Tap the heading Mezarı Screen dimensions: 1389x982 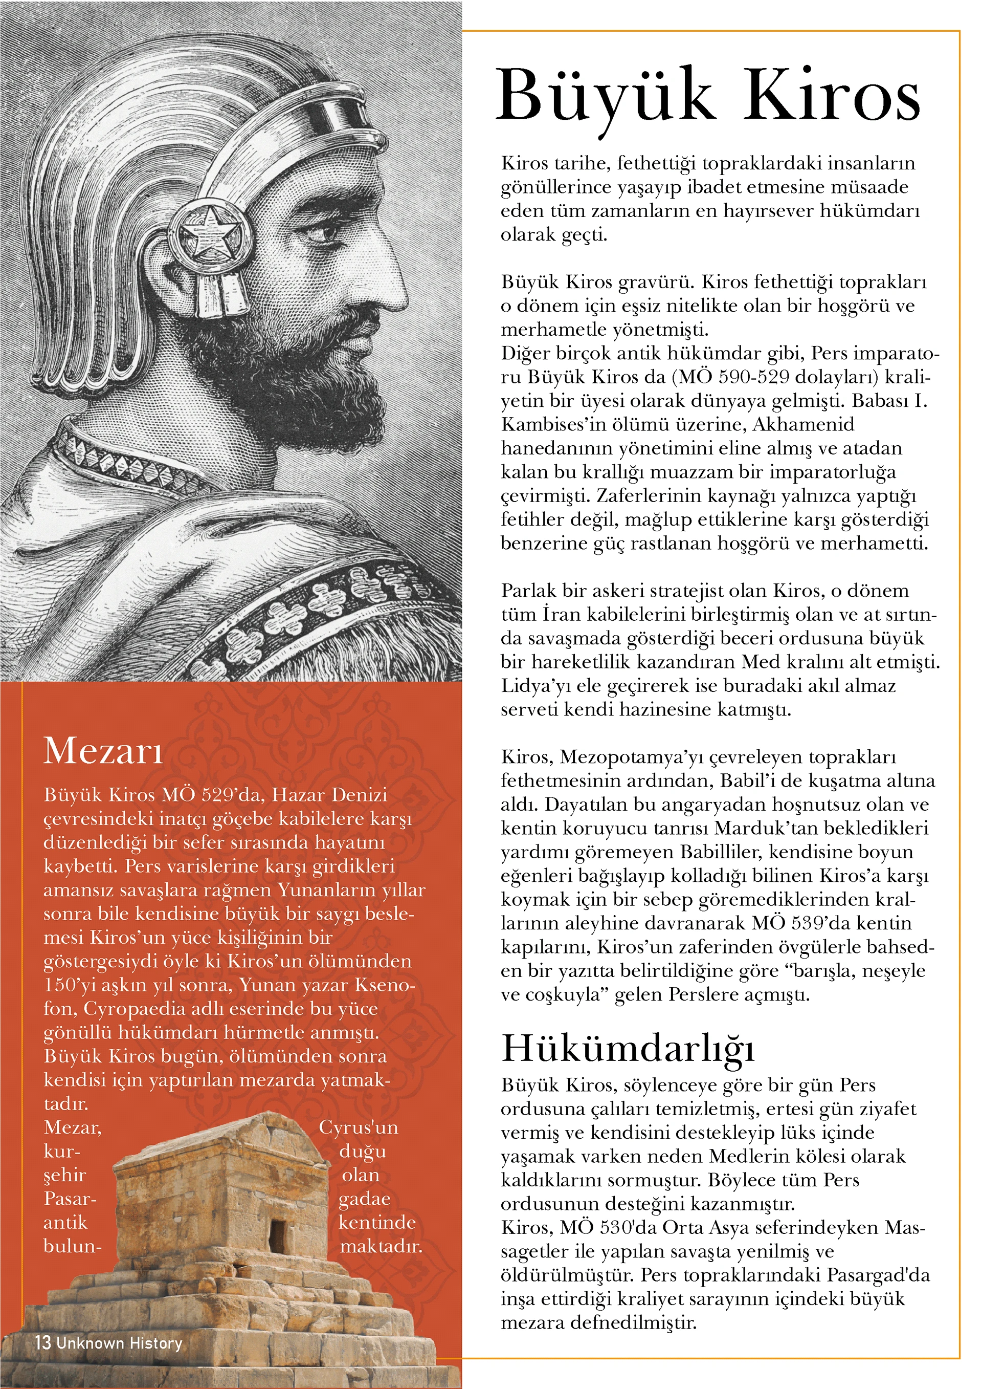click(x=103, y=751)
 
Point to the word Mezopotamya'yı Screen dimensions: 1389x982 click(x=631, y=757)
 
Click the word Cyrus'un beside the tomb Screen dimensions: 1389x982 click(x=359, y=1127)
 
